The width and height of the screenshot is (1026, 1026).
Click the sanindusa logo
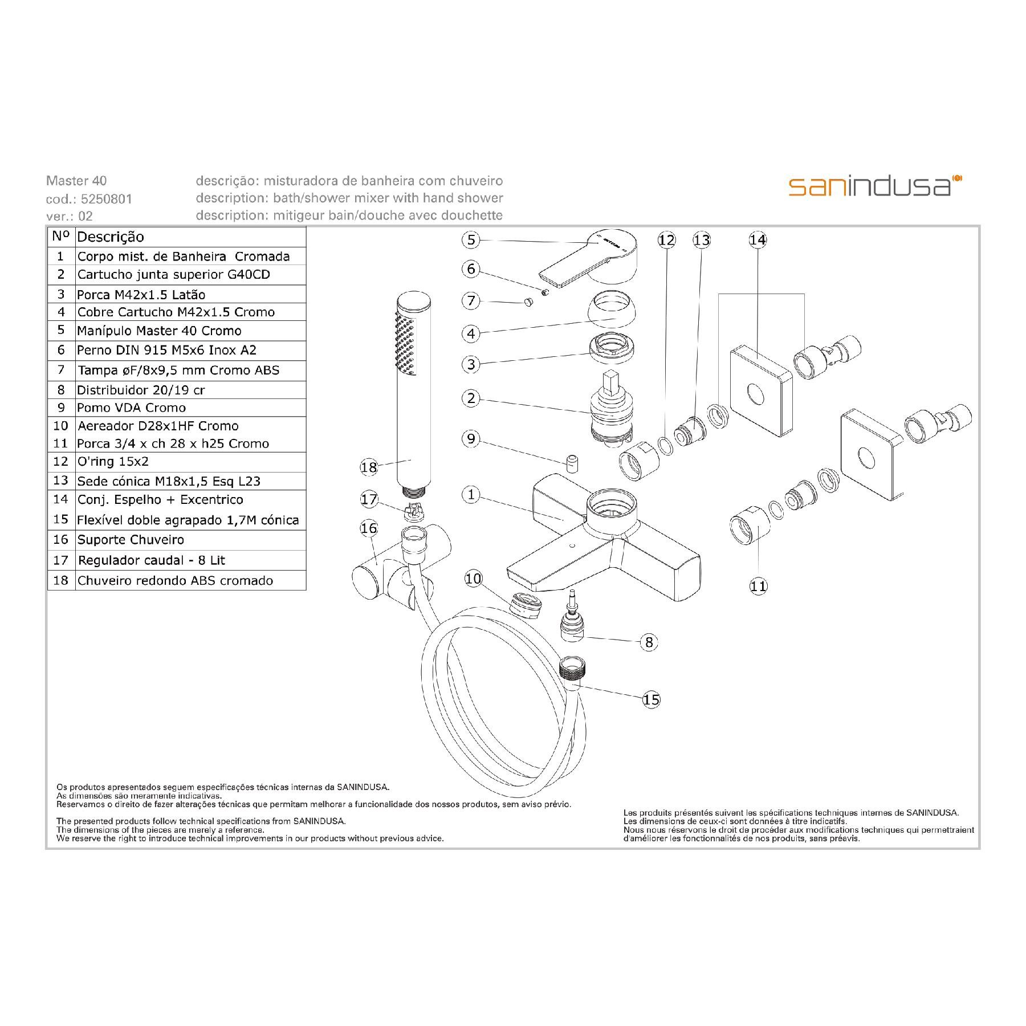click(875, 186)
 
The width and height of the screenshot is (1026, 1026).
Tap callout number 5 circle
click(471, 240)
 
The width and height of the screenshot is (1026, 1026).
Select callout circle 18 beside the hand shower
click(369, 467)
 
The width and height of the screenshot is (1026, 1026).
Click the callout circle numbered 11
click(759, 586)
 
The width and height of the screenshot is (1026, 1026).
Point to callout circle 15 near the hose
click(651, 699)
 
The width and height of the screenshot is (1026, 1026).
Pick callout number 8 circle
click(649, 642)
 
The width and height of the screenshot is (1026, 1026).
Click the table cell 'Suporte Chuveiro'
click(190, 540)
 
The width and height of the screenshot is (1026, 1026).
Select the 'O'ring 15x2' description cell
click(190, 462)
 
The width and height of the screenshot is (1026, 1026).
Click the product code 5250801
click(107, 199)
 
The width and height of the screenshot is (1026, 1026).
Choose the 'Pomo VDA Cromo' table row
click(177, 408)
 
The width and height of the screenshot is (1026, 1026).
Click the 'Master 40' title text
click(76, 181)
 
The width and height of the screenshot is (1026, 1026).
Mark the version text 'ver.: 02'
click(70, 216)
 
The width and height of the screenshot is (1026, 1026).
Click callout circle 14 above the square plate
click(758, 240)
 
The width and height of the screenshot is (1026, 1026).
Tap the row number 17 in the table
click(61, 560)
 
